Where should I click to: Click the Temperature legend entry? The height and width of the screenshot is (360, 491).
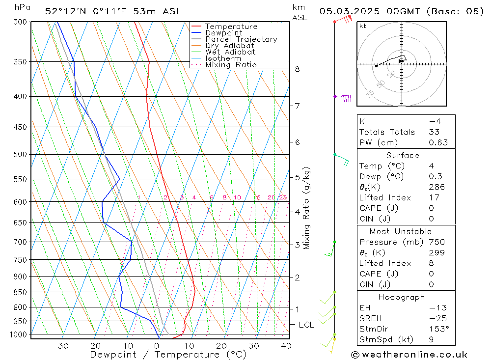click(231, 27)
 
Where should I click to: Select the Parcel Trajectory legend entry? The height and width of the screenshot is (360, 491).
click(241, 39)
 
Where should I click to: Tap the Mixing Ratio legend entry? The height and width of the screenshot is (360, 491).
click(231, 64)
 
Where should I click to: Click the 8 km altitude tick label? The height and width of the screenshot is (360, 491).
click(297, 69)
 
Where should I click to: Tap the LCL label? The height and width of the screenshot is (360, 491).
click(306, 325)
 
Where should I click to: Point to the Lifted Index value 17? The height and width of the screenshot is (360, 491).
click(434, 197)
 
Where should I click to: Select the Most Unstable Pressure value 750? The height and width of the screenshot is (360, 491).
click(436, 242)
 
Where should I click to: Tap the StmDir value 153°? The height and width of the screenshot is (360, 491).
click(436, 329)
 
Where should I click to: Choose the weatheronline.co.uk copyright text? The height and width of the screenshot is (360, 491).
click(409, 355)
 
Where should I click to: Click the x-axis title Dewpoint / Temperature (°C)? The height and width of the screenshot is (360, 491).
click(168, 354)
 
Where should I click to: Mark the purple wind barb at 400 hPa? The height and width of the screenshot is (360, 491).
click(346, 98)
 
